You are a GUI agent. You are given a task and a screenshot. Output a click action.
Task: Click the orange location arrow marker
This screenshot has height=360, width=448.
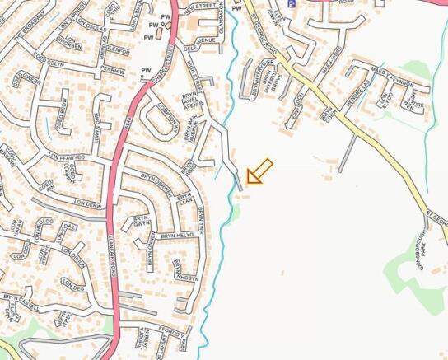tap(259, 172)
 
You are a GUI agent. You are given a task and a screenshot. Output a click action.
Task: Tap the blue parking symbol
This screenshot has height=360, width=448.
tap(291, 3)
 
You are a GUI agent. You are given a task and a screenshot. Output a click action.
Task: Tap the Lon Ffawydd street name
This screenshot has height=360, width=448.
tap(66, 157)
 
